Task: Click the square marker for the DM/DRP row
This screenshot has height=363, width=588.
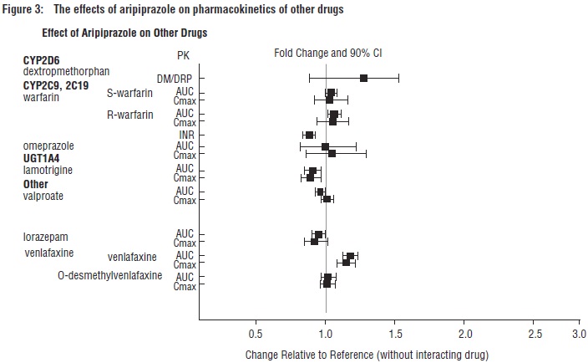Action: click(363, 78)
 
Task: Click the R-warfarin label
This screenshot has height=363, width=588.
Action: click(133, 115)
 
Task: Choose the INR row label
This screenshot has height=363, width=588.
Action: click(187, 135)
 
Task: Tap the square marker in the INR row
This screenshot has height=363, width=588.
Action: click(310, 135)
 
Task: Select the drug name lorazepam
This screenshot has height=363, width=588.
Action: click(47, 238)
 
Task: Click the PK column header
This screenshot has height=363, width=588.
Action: click(185, 55)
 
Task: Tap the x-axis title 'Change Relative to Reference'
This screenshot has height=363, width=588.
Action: click(367, 354)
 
